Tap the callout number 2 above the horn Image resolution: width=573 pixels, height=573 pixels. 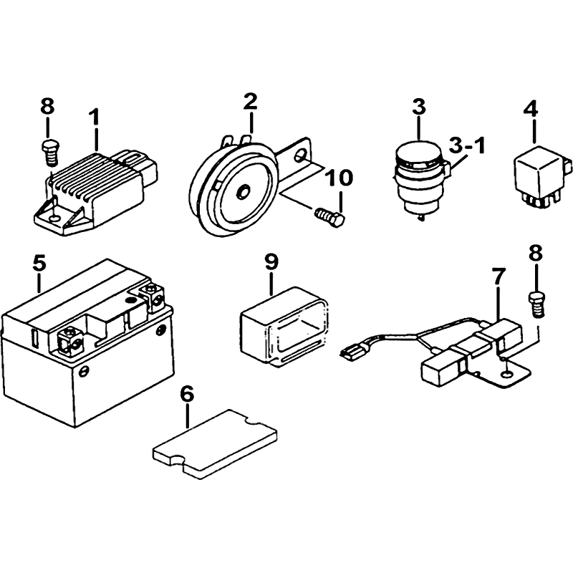pyautogui.click(x=249, y=101)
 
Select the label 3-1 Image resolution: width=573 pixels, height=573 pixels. pyautogui.click(x=466, y=145)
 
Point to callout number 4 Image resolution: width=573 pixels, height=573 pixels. pyautogui.click(x=530, y=110)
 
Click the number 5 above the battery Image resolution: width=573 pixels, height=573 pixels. pyautogui.click(x=39, y=262)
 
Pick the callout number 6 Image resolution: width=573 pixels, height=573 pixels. pyautogui.click(x=187, y=393)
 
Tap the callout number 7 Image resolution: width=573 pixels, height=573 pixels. pyautogui.click(x=499, y=276)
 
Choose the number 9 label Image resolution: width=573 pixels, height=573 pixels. pyautogui.click(x=271, y=262)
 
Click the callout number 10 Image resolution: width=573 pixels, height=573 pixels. pyautogui.click(x=340, y=177)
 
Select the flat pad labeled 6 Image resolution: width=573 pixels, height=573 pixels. pyautogui.click(x=215, y=442)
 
